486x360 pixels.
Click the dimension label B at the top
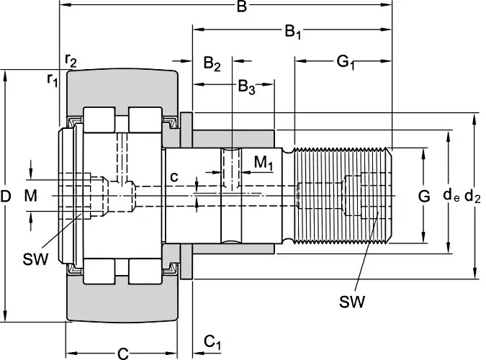coord(242,8)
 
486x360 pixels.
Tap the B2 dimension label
coord(212,63)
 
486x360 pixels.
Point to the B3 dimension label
coord(246,88)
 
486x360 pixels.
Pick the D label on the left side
coord(6,195)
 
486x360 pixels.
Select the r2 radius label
coord(71,60)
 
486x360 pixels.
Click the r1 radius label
coord(52,79)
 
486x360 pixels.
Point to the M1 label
coord(264,164)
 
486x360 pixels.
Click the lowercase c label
coord(174,176)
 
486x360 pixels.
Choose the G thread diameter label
coord(424,195)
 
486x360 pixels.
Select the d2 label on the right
coord(472,195)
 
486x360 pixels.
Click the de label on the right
coord(451,195)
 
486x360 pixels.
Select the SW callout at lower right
coord(351,301)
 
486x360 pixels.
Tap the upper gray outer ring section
coord(122,88)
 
